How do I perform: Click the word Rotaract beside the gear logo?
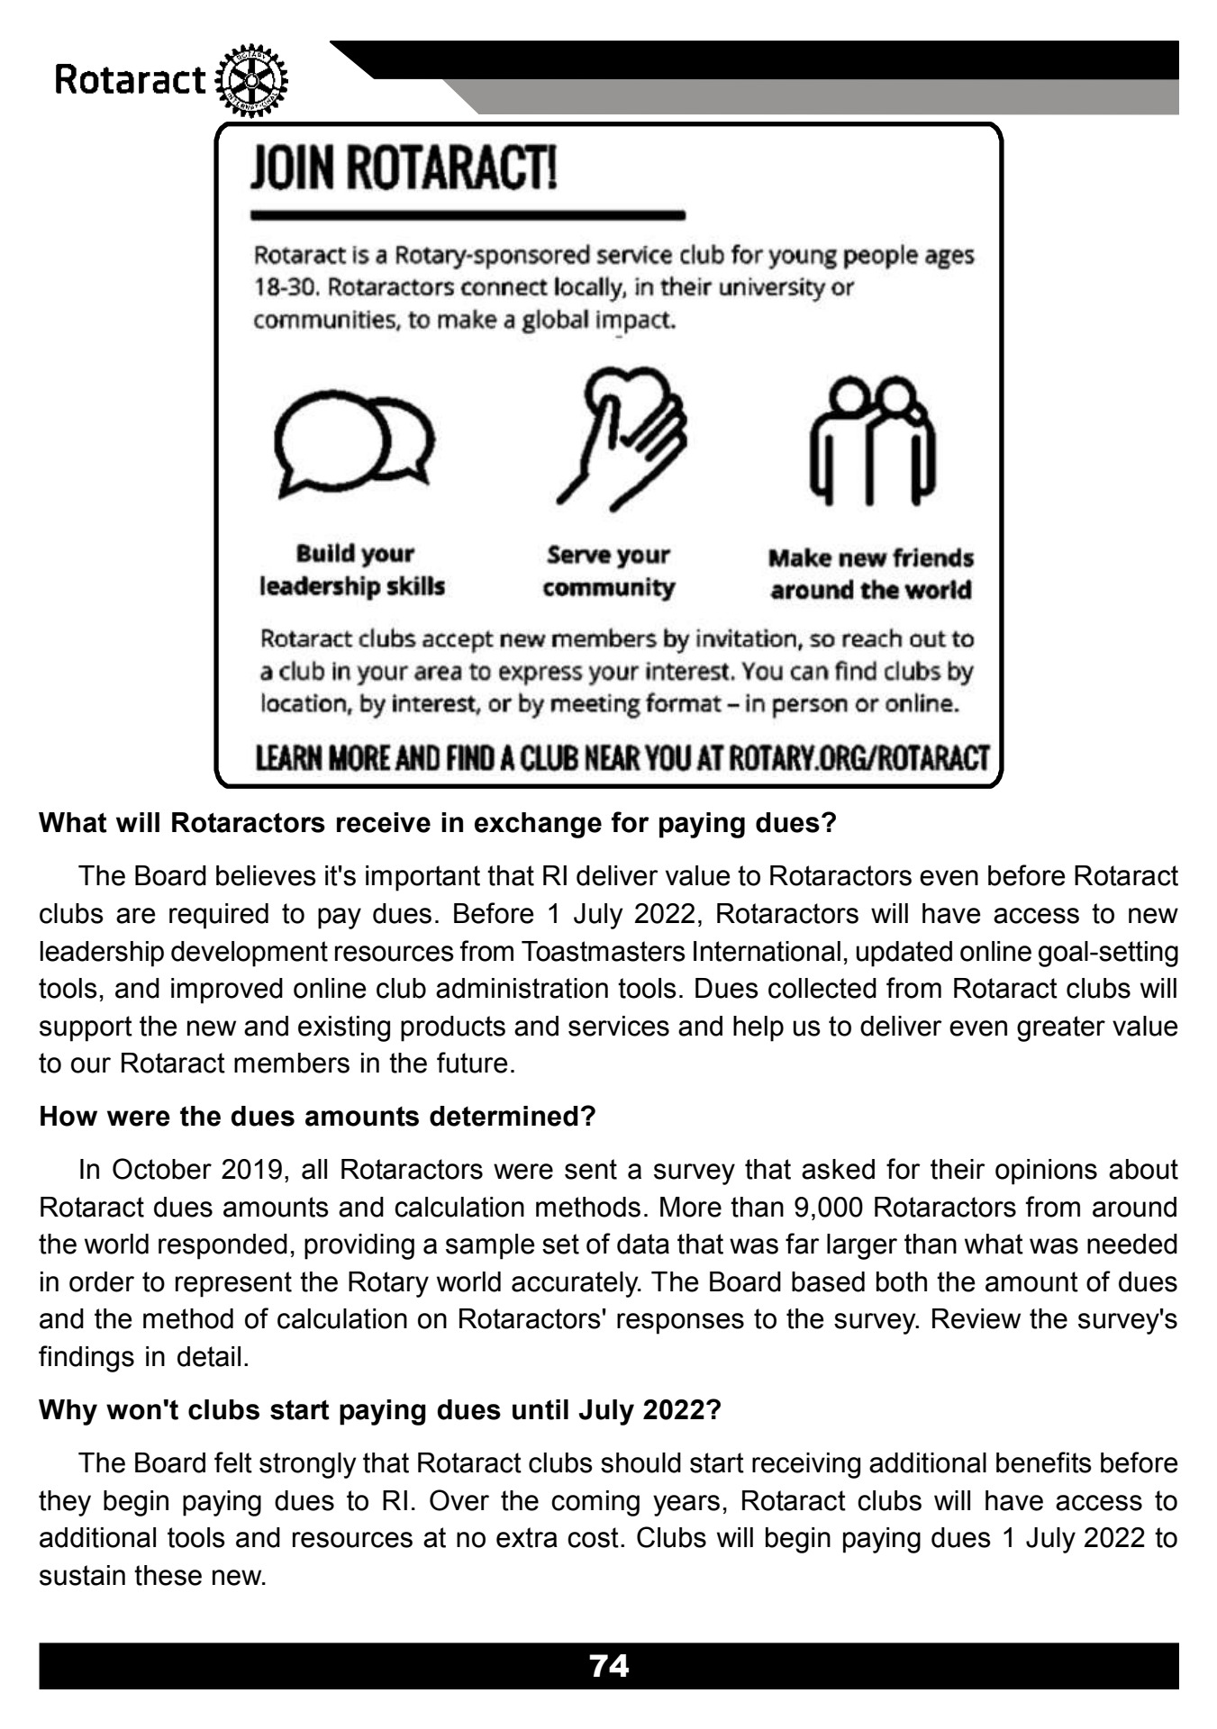pyautogui.click(x=132, y=81)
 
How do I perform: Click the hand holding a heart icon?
pyautogui.click(x=622, y=438)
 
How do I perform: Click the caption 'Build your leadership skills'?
pyautogui.click(x=353, y=570)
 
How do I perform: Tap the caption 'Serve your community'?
pyautogui.click(x=608, y=571)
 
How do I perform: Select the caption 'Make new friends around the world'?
pyautogui.click(x=870, y=574)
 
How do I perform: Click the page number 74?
pyautogui.click(x=608, y=1665)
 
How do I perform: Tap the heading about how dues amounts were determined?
pyautogui.click(x=317, y=1117)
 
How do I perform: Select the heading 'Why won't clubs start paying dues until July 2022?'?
pyautogui.click(x=380, y=1409)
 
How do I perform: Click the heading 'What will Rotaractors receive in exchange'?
pyautogui.click(x=438, y=823)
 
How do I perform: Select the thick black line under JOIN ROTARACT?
pyautogui.click(x=468, y=215)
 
